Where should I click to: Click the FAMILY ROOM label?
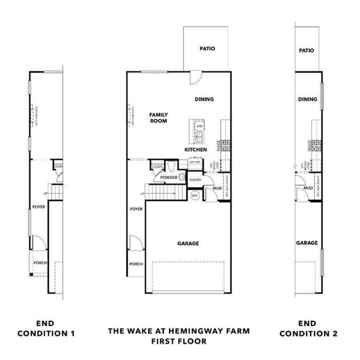coord(158,118)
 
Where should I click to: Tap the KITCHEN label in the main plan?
coord(196,149)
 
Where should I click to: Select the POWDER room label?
coord(169,178)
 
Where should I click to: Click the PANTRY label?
coord(195,179)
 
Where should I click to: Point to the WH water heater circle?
coord(195,196)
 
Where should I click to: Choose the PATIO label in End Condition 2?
coord(306,51)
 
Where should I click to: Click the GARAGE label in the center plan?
coord(188,244)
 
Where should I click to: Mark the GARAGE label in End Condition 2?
coord(307,243)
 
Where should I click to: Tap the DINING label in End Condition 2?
coord(307,100)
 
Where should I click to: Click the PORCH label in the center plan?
coord(136,264)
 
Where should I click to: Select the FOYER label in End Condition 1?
coord(39,209)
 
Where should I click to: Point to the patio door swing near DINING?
coord(196,78)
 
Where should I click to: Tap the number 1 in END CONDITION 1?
coord(73,333)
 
